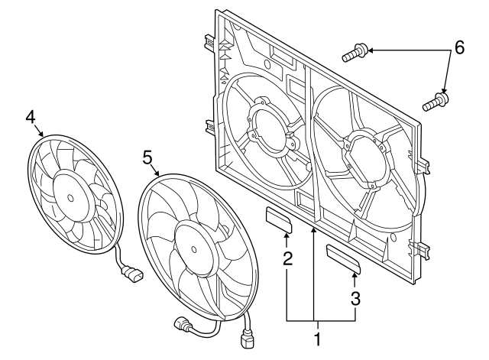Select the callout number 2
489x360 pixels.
point(288,258)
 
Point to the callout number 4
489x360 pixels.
point(31,116)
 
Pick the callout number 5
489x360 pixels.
point(148,157)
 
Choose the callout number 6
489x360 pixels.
point(459,47)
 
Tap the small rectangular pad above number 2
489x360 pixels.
point(278,219)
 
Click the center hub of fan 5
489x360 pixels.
point(188,245)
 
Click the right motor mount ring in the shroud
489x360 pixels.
point(365,157)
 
